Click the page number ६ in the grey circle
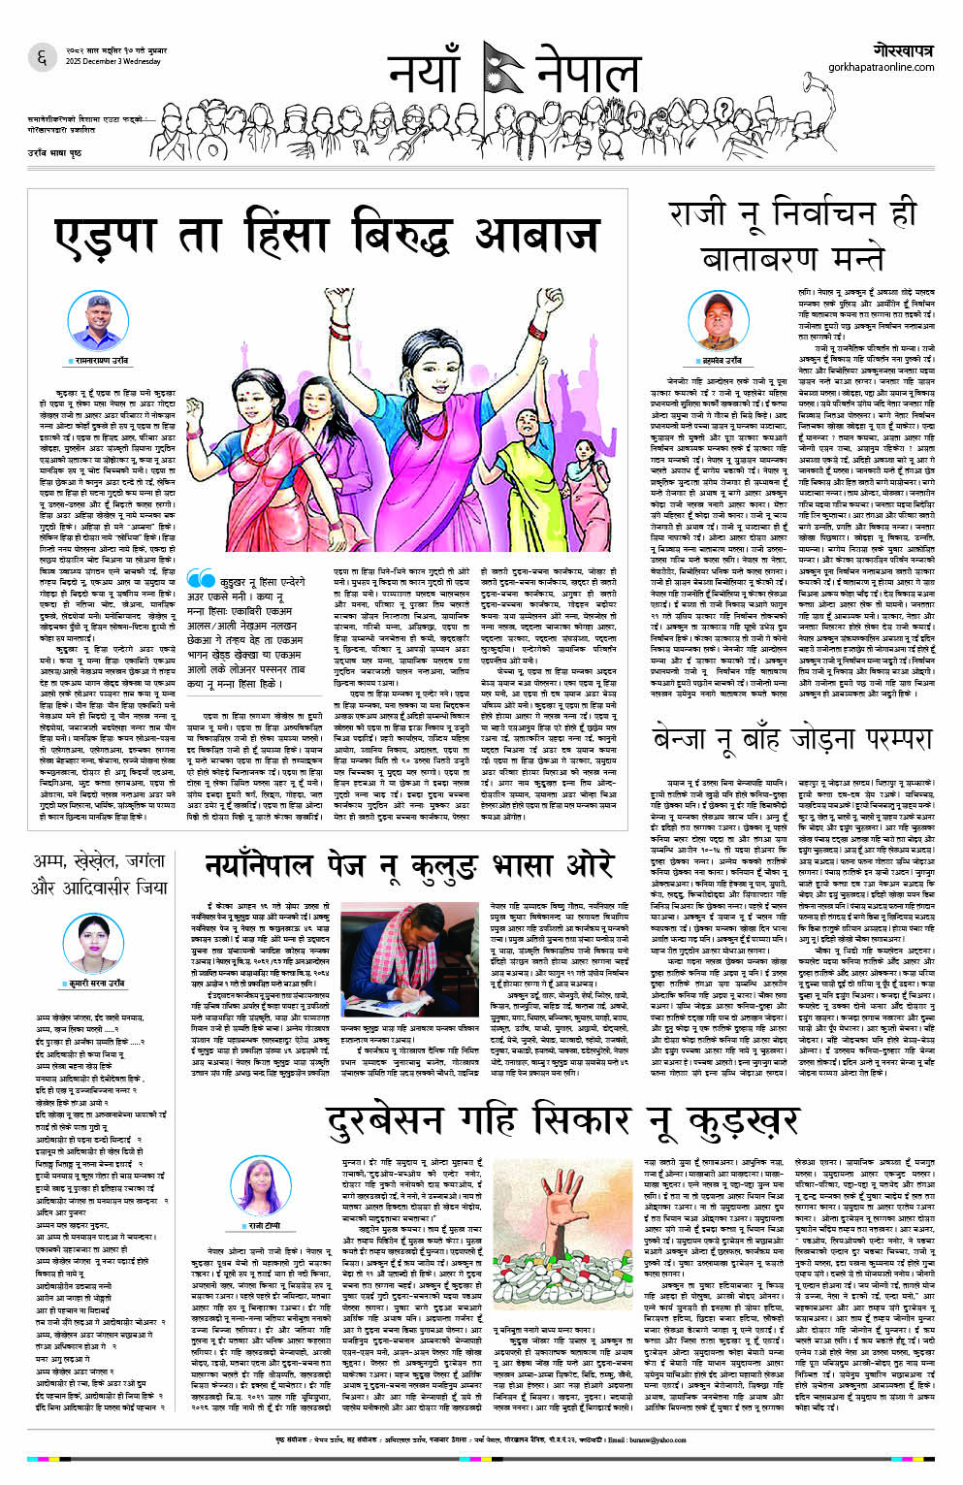42,57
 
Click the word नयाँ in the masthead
428,74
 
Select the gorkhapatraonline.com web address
881,67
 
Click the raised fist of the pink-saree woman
555,295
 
